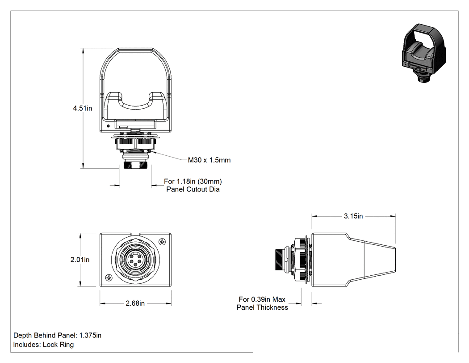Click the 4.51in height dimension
(x=83, y=108)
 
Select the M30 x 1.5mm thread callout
(x=209, y=160)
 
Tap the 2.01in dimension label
(x=80, y=260)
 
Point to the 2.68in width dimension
(x=135, y=303)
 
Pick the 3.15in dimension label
(x=353, y=216)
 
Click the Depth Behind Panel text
(x=58, y=335)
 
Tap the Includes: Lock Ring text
(x=43, y=345)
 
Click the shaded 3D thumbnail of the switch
(x=423, y=53)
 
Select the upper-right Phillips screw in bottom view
(x=163, y=241)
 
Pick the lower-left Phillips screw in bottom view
(x=109, y=278)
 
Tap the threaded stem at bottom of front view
(x=135, y=165)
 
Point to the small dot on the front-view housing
(x=108, y=126)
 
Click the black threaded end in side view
(x=279, y=260)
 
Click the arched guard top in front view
(x=135, y=49)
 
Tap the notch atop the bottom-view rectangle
(x=135, y=234)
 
